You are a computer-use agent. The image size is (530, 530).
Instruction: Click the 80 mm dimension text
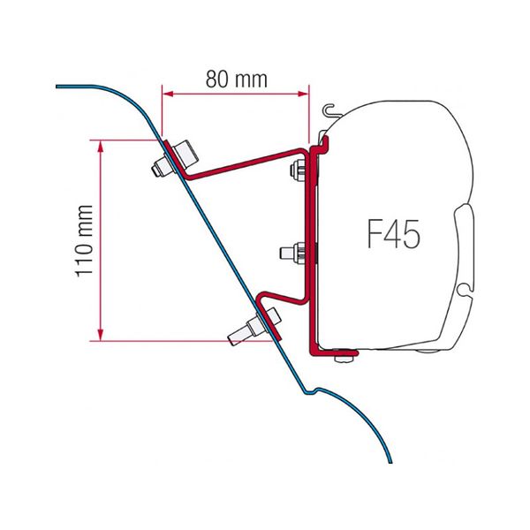(x=237, y=79)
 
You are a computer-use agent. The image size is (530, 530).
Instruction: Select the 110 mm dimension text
(x=85, y=239)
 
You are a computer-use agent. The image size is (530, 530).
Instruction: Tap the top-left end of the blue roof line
(x=58, y=86)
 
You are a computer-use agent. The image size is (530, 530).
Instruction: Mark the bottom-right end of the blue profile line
(x=388, y=460)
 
